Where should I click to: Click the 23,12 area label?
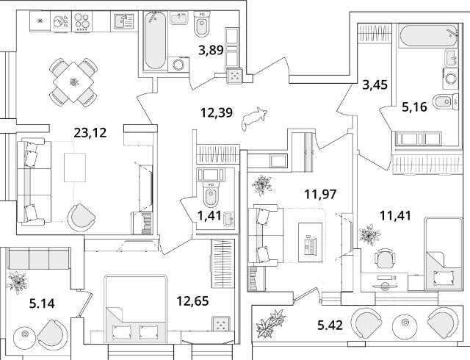click(x=90, y=132)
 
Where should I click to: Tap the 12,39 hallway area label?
click(x=217, y=113)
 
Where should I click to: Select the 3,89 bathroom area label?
click(x=211, y=50)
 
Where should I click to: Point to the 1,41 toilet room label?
click(x=209, y=215)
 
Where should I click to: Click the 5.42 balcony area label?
click(x=330, y=325)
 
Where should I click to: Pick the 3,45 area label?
click(x=375, y=85)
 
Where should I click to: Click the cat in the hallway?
click(x=254, y=118)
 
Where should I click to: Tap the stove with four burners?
click(x=82, y=21)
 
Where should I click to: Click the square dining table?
click(x=73, y=82)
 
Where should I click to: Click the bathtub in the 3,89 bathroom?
click(x=155, y=40)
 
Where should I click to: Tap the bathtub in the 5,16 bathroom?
click(x=428, y=36)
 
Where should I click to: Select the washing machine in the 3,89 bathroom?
click(x=178, y=65)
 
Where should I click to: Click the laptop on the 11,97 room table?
click(x=310, y=243)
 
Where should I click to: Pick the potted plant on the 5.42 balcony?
click(x=270, y=323)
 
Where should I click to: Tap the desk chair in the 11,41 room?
click(x=385, y=258)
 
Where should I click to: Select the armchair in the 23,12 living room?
click(x=82, y=217)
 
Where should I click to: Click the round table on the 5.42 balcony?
click(x=405, y=323)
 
